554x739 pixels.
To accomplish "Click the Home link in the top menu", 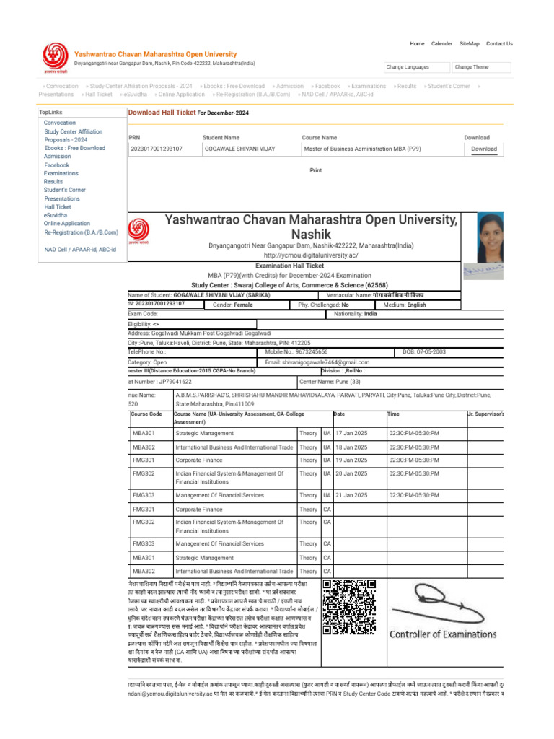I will pos(417,43).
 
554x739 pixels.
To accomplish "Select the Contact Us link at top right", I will pos(499,43).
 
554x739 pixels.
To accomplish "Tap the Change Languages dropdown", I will pos(415,67).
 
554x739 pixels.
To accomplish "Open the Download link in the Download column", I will pos(484,149).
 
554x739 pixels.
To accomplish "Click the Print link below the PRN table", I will pos(315,171).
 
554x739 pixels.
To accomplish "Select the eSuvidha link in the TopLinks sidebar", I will pos(55,215).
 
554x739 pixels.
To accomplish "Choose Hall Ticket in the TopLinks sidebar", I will pos(58,207).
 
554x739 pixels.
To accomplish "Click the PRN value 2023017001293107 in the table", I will pos(157,149).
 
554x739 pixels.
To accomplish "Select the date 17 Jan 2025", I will pos(351,433).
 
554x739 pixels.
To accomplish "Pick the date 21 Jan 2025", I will pos(351,495).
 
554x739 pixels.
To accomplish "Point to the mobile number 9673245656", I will pos(322,351).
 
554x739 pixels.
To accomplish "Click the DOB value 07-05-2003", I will pos(429,351).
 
